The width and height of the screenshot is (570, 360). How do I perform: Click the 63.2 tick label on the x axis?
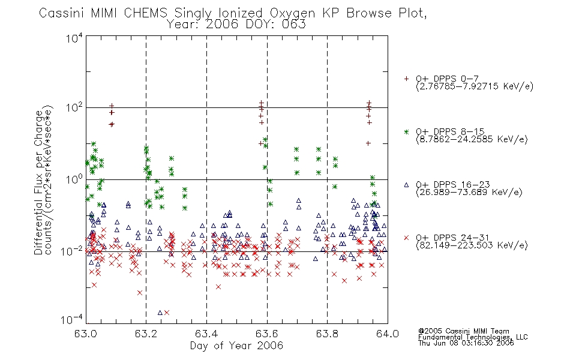click(146, 334)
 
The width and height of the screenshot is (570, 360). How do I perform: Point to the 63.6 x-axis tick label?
click(267, 334)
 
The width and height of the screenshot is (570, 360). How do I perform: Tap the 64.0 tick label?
click(388, 334)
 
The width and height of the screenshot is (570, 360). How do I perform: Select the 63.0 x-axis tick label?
click(86, 334)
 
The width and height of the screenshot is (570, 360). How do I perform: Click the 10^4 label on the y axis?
click(74, 38)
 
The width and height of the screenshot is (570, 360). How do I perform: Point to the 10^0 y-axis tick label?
click(74, 179)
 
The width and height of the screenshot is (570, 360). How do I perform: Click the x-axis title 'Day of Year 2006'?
click(236, 346)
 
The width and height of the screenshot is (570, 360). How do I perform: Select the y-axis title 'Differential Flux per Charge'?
click(38, 182)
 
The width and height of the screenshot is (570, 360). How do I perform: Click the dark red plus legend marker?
click(406, 79)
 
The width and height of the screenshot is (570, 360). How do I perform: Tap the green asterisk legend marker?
click(406, 131)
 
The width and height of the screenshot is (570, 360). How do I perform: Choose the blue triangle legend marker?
click(406, 185)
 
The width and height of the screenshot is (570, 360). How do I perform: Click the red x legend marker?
click(406, 238)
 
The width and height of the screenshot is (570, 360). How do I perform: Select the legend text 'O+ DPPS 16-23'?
click(453, 184)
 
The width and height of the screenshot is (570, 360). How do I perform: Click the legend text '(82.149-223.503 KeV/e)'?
click(472, 245)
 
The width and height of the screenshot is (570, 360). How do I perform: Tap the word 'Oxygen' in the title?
click(292, 13)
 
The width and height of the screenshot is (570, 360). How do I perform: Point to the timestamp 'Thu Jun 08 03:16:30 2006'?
click(466, 343)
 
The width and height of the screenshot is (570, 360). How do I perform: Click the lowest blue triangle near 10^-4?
click(160, 313)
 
